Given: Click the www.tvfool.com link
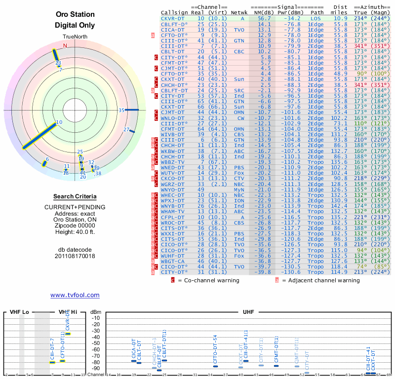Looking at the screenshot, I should (x=75, y=295).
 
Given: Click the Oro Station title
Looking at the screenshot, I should (x=75, y=14).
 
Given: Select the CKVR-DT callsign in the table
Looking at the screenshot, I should (x=172, y=18).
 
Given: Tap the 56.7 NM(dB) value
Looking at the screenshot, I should (x=264, y=18).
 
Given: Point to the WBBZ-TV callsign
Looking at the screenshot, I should (x=172, y=162).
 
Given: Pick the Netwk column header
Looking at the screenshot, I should (x=239, y=12).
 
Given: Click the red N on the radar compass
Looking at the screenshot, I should (x=65, y=46).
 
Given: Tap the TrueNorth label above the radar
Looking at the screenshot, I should (x=75, y=37).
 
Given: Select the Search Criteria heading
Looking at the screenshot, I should (x=75, y=196).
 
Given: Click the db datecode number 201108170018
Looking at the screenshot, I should (x=75, y=256).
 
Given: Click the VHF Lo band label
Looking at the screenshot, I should (x=20, y=312).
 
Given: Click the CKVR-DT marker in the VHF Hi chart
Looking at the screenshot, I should (x=68, y=334).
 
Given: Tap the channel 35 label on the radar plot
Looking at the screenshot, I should (x=121, y=111).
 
